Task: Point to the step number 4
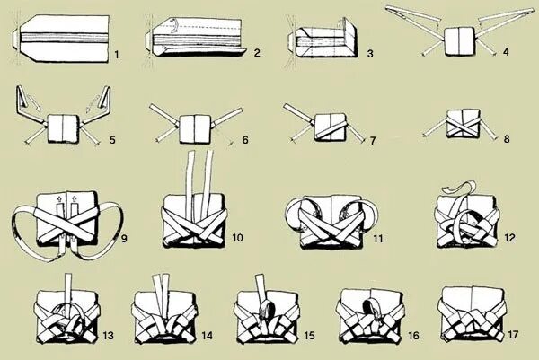click(x=506, y=51)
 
